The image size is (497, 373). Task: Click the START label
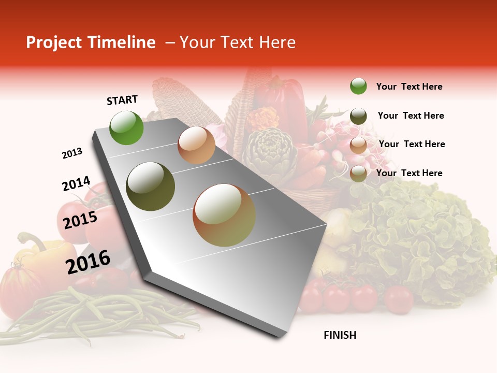pos(122,100)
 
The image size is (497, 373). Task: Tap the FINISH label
pos(340,335)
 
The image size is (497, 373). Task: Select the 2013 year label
pos(72,153)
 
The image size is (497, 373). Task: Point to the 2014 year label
pos(76,184)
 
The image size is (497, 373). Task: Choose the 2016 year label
pos(88,262)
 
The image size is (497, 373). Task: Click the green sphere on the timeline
pos(126,127)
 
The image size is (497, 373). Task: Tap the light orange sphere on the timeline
pos(196,145)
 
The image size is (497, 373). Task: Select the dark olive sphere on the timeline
pos(150,187)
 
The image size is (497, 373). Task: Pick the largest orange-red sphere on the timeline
pos(224,215)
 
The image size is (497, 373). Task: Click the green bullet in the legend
pos(358,86)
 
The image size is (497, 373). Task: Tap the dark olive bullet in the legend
pos(358,116)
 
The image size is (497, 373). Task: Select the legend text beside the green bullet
pos(409,87)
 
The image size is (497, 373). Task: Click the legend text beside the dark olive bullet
pos(411,116)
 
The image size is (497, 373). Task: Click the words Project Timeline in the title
pos(91,42)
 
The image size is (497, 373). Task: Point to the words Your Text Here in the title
pos(237,42)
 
